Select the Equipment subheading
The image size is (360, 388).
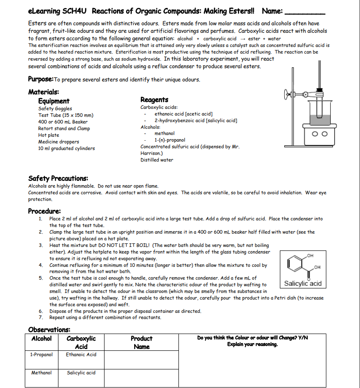click(54, 101)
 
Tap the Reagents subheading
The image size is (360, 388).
click(154, 100)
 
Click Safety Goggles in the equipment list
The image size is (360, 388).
click(55, 108)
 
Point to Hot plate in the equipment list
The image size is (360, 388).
click(49, 135)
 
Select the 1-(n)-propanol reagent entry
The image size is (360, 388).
click(170, 140)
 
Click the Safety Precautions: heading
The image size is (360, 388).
click(58, 178)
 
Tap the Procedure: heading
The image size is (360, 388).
click(44, 211)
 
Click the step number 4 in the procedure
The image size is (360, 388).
click(40, 265)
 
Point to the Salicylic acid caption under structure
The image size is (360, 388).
click(302, 284)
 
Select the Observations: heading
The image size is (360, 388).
click(49, 330)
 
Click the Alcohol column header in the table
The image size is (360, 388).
click(41, 338)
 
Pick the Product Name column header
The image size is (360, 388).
click(141, 342)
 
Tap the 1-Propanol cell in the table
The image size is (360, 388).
click(41, 354)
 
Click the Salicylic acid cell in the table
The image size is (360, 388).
click(81, 373)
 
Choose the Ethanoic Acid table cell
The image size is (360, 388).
click(81, 354)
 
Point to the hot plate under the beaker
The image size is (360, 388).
click(318, 133)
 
